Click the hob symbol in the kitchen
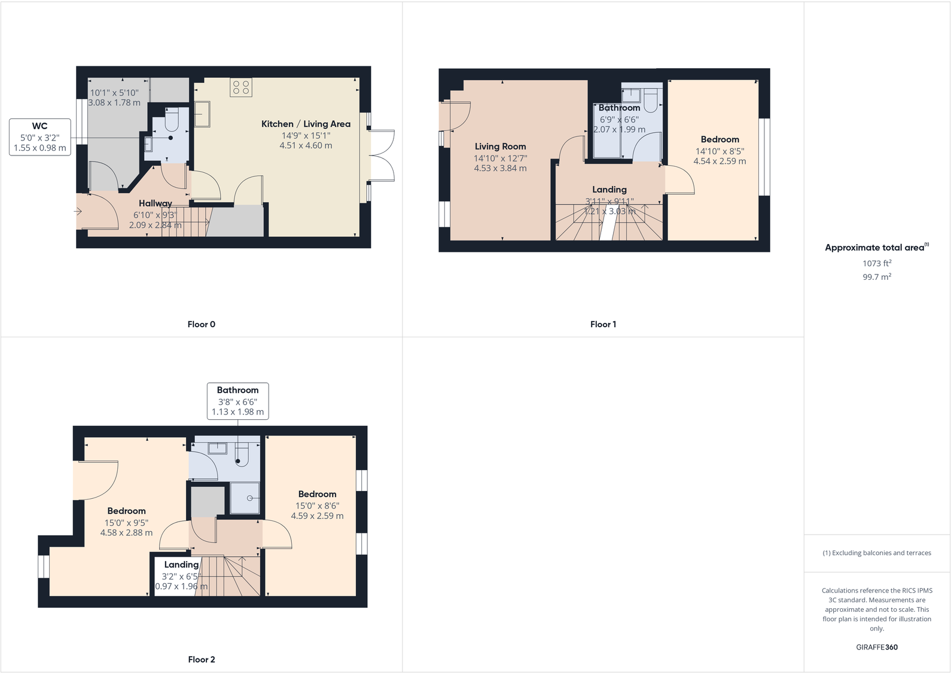click(241, 87)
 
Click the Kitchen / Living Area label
click(306, 124)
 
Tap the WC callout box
click(40, 137)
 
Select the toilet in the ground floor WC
click(172, 120)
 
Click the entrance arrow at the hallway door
click(78, 211)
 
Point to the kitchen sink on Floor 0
click(202, 114)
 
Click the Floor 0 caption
click(201, 324)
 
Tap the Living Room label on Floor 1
click(500, 147)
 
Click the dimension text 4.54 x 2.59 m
click(720, 161)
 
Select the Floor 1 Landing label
click(609, 190)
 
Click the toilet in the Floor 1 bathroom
click(651, 97)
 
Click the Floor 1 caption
click(603, 324)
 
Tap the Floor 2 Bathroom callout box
click(237, 401)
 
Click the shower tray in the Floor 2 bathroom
click(245, 498)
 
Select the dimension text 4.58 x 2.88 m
click(126, 532)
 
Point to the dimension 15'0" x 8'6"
click(317, 505)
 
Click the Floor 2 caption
click(201, 659)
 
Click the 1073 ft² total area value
click(876, 263)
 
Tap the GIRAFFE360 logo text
click(876, 647)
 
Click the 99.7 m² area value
click(876, 277)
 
